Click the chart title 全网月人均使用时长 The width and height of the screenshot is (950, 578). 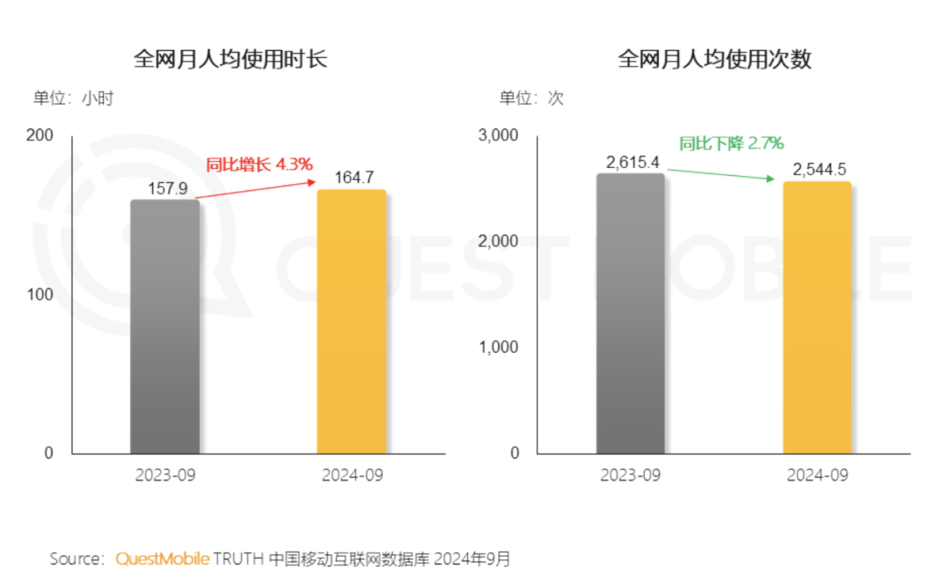[230, 59]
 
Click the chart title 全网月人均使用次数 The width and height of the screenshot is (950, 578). [714, 59]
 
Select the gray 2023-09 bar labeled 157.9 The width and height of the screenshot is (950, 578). [165, 326]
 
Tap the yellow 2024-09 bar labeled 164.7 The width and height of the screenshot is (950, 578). [351, 321]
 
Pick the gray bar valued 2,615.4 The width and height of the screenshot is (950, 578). [630, 312]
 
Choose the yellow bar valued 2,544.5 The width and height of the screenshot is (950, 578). [816, 317]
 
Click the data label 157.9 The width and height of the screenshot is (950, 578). [165, 189]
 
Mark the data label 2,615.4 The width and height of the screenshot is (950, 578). [631, 163]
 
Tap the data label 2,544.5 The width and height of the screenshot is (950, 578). [817, 170]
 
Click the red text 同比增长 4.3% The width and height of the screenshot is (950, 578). [259, 164]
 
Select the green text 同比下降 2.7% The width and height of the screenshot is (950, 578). [730, 143]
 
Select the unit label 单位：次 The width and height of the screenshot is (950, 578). [531, 99]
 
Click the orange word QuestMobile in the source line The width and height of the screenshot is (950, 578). [163, 559]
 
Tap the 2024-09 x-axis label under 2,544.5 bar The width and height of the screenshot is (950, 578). [817, 475]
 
